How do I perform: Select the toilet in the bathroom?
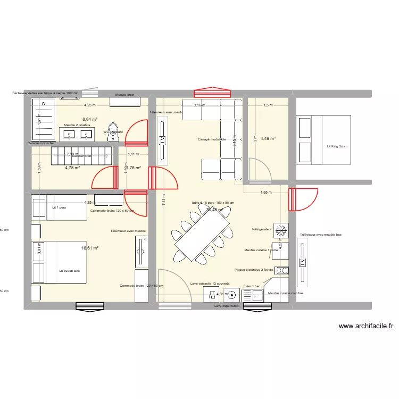click(x=113, y=132)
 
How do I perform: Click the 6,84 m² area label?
click(x=89, y=119)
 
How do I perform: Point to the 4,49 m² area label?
click(x=268, y=139)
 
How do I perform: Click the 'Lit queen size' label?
click(x=70, y=271)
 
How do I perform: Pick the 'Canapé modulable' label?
click(x=212, y=140)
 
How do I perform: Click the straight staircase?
click(x=81, y=156)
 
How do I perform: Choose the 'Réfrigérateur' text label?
click(x=262, y=230)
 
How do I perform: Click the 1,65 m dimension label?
click(x=266, y=193)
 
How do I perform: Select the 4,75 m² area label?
click(x=72, y=168)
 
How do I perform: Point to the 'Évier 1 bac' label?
click(x=252, y=286)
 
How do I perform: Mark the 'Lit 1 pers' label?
click(x=59, y=207)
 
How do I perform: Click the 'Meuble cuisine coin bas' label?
click(x=286, y=293)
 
